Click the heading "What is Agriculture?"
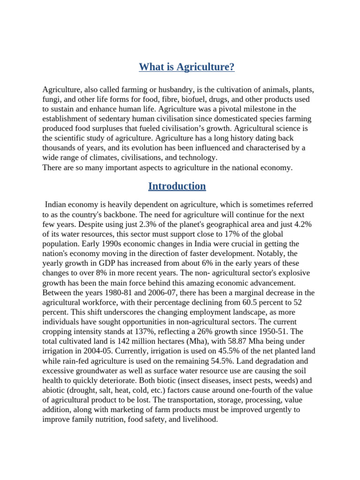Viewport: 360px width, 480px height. tap(187, 67)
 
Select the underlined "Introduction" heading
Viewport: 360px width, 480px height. tap(177, 186)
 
